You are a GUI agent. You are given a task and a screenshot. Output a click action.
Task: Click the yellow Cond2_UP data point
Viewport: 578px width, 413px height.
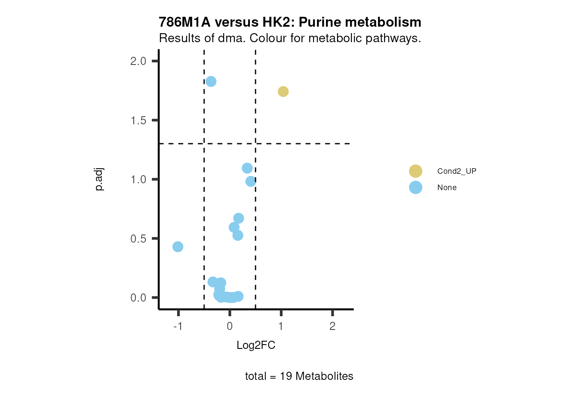[x=283, y=91]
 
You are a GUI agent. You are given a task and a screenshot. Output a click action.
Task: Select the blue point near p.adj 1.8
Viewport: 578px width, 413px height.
[x=211, y=81]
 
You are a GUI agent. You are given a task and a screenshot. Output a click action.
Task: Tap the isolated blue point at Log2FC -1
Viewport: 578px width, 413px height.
[x=178, y=247]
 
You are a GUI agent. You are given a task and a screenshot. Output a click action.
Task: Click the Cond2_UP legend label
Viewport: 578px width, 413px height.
[x=457, y=171]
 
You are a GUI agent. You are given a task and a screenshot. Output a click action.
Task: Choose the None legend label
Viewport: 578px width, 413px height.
[x=447, y=188]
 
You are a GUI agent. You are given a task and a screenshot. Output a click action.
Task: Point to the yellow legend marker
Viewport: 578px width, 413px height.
[x=415, y=171]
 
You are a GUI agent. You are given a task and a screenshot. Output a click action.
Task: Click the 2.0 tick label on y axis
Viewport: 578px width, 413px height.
[x=138, y=61]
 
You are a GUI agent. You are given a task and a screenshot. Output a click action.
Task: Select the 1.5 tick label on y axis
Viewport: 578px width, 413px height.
[x=138, y=120]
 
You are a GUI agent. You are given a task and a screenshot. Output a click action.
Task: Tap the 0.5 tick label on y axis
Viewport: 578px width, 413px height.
[x=138, y=239]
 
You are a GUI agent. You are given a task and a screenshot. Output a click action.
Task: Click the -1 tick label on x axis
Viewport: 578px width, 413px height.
[x=178, y=326]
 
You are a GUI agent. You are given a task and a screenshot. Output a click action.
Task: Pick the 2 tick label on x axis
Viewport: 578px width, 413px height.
[x=332, y=326]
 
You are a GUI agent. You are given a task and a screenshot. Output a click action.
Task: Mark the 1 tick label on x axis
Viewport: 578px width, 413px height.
[x=281, y=326]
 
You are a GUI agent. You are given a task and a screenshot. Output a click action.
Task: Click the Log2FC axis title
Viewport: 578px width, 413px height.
[x=256, y=345]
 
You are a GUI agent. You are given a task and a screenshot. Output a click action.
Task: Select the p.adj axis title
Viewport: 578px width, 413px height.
[x=99, y=179]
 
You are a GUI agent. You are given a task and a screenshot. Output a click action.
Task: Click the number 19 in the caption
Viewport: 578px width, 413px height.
[x=286, y=376]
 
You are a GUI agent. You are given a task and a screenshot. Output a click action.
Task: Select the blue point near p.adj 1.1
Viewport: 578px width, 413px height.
[x=247, y=168]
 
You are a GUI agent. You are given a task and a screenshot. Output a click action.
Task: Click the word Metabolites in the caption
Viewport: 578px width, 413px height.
[x=324, y=376]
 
